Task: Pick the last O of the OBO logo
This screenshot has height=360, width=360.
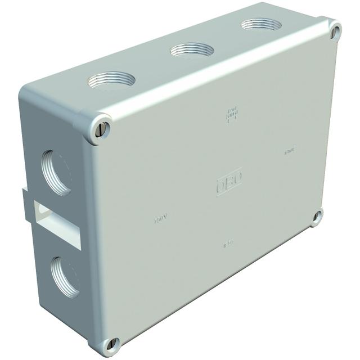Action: [x=237, y=178]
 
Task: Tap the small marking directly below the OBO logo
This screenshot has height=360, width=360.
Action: [x=228, y=244]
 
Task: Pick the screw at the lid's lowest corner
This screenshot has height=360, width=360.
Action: [x=112, y=344]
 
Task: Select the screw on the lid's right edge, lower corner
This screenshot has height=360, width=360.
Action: [x=318, y=216]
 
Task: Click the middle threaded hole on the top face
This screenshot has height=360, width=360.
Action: [x=192, y=50]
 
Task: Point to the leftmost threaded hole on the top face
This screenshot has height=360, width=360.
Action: [x=111, y=79]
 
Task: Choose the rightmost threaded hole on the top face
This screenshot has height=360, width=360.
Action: [x=261, y=25]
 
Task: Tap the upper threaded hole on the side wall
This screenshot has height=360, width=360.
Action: [x=57, y=171]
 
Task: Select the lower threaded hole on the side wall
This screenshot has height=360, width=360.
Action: [x=65, y=276]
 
